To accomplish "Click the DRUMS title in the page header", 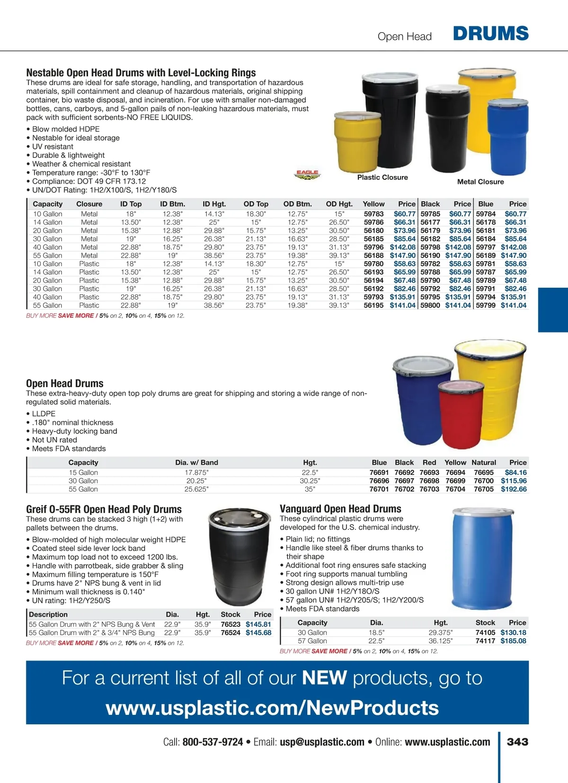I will (x=490, y=34).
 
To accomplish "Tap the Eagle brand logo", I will (x=307, y=175).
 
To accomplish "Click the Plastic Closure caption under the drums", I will (x=382, y=177).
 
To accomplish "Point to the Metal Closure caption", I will (x=480, y=182).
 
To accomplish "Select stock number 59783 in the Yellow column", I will (x=373, y=214).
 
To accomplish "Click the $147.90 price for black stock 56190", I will (x=458, y=255).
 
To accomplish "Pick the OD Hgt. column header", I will (x=339, y=204).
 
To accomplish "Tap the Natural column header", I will (x=484, y=462).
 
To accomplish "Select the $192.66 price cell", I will (x=514, y=489).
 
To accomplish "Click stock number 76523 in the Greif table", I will (x=231, y=625).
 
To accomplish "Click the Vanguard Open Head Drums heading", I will (x=340, y=509).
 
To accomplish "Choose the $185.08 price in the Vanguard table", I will (x=513, y=641).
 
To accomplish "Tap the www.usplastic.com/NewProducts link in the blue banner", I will (x=272, y=708).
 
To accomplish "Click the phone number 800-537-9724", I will (x=213, y=742).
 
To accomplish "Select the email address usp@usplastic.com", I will (x=322, y=742).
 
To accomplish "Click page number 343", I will (x=517, y=742).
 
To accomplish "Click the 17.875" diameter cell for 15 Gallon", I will (x=196, y=473).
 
